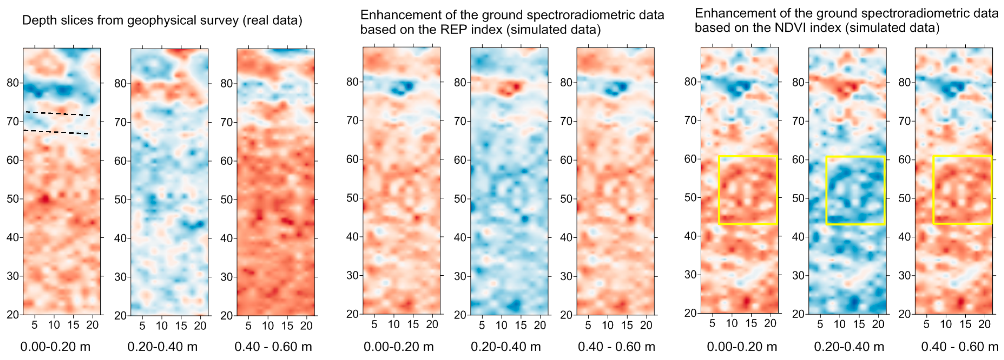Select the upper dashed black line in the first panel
58,114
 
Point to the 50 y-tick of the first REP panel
352,198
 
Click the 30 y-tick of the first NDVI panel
691,275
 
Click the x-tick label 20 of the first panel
93,325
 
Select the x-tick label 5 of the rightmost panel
926,324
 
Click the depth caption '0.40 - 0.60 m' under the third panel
273,347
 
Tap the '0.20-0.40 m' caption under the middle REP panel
506,347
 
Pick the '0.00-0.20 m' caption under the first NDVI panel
742,347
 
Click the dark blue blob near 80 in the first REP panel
403,88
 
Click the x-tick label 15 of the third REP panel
627,325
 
